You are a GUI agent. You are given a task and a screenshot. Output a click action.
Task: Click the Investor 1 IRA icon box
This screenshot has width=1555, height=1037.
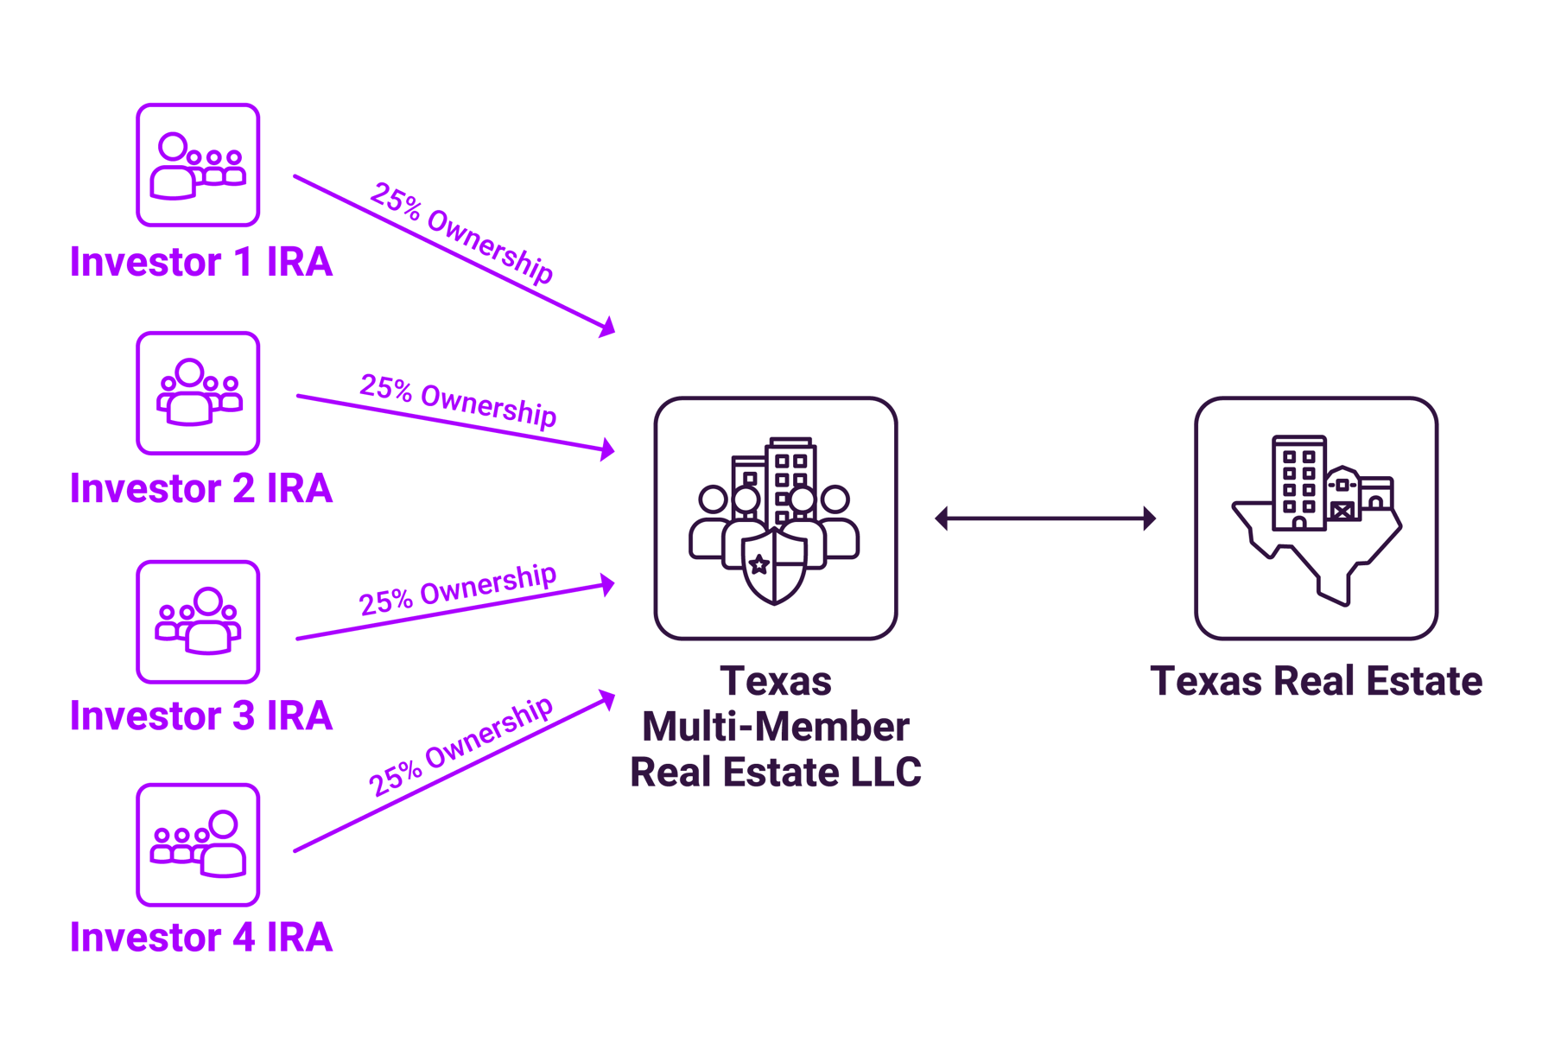(198, 164)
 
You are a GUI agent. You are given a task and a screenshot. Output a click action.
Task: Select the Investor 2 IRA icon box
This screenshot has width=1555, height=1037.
(198, 393)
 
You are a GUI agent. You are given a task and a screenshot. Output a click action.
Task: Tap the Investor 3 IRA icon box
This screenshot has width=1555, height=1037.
(198, 621)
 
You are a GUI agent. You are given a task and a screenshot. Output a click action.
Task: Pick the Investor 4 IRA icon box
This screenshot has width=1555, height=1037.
(198, 844)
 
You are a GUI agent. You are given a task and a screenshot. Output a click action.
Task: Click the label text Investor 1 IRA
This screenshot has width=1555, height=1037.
(200, 262)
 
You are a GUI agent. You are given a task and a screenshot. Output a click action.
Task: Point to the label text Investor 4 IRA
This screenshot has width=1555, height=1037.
(200, 937)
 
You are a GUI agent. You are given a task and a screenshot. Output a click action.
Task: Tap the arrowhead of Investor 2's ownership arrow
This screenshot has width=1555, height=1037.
(608, 449)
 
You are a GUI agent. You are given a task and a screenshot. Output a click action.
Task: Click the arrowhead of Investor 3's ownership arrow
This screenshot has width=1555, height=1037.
(608, 585)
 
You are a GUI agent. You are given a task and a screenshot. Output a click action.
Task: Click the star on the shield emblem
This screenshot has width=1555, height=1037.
(759, 565)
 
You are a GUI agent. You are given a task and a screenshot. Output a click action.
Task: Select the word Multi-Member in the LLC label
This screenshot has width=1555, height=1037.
(775, 727)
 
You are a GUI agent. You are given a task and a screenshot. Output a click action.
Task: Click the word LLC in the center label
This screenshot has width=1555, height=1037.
(885, 772)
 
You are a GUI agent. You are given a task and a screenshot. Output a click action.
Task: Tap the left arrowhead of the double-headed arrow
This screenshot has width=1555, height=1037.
(942, 518)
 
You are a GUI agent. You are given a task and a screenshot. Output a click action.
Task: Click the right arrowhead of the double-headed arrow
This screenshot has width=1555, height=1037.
(1150, 518)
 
